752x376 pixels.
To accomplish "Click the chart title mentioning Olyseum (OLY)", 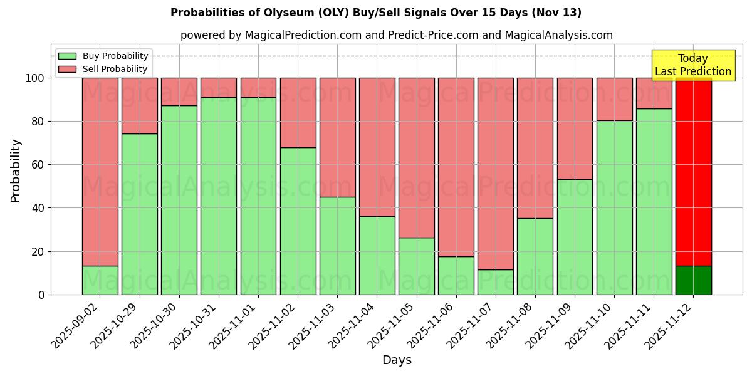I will click(376, 13).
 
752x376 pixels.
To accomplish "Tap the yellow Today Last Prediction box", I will click(693, 65).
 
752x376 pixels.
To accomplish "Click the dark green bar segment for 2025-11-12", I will click(693, 280).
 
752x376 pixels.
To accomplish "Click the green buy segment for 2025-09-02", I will click(100, 280).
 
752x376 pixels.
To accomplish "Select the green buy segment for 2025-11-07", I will click(495, 282).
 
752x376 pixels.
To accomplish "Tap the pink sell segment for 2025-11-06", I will click(456, 167).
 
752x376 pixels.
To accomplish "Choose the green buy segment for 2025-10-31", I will click(219, 196).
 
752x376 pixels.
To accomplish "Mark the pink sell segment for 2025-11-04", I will click(377, 147).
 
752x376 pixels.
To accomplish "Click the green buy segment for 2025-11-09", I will click(575, 237).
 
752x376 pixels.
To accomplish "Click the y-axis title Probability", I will click(16, 170).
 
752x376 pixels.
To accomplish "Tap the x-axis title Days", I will click(397, 360).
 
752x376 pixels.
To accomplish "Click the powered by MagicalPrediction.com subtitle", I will click(397, 35).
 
